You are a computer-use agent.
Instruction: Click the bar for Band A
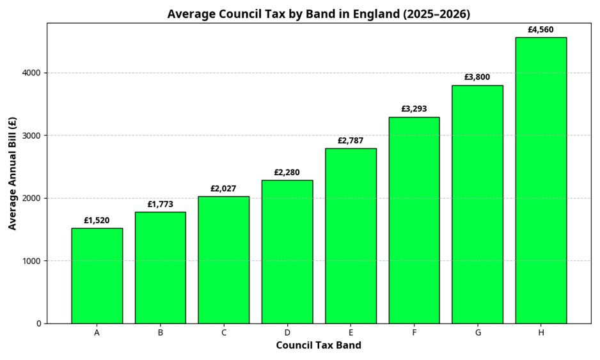point(97,276)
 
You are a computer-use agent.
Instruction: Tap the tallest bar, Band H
point(541,180)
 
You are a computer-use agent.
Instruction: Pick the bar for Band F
point(414,220)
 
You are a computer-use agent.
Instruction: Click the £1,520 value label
point(97,221)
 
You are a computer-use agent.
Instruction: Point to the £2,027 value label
point(223,189)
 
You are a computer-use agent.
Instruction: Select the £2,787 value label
point(351,141)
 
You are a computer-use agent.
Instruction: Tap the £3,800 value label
point(477,77)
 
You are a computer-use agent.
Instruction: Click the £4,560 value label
point(541,29)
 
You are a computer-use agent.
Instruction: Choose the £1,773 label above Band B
point(160,205)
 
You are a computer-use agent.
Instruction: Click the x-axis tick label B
point(160,333)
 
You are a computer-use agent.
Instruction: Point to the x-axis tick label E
point(351,333)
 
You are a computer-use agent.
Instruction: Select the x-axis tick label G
point(477,333)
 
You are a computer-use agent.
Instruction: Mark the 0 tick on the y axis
point(38,324)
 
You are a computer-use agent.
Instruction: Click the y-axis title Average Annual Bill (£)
point(13,173)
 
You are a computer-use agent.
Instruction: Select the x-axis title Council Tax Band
point(319,346)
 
